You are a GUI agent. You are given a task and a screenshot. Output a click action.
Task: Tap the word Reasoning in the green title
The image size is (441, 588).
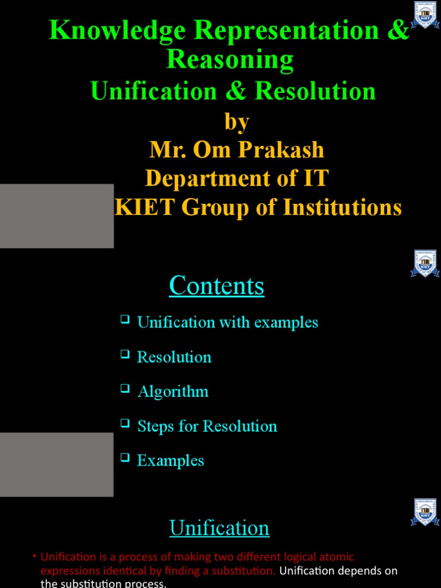[x=230, y=59]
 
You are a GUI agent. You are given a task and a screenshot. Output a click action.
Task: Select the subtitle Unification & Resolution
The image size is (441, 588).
[x=233, y=91]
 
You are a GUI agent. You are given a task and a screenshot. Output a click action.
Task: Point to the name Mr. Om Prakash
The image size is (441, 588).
[x=237, y=150]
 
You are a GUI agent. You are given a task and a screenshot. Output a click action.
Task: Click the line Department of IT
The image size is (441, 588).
[x=237, y=178]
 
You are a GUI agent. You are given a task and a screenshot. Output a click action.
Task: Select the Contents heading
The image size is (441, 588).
[x=216, y=286]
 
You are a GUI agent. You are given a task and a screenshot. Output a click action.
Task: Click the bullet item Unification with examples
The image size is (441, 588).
[x=227, y=322]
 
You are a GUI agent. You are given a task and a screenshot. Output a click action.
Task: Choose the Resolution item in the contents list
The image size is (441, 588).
[x=174, y=357]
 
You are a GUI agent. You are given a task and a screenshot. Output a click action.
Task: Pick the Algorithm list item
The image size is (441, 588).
[x=173, y=392]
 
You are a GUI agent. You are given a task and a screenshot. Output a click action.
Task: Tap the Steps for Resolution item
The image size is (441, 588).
[x=207, y=426]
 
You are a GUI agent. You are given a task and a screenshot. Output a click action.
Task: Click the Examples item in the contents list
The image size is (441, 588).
[x=171, y=461]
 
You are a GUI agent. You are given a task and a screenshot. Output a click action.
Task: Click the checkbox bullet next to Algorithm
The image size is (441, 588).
[x=125, y=389]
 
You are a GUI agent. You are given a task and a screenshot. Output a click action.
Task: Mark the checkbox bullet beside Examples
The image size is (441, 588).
[x=125, y=458]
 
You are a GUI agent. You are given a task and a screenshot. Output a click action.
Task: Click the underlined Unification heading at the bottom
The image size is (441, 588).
[x=219, y=528]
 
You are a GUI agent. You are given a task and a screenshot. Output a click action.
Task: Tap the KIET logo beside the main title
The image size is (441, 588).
[x=425, y=15]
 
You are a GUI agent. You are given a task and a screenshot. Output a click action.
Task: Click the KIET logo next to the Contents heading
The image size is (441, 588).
[x=425, y=264]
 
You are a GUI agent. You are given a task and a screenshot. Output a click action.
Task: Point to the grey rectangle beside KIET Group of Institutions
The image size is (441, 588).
[x=56, y=216]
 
